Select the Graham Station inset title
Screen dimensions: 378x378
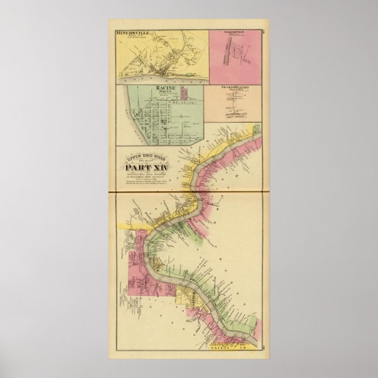pos(237,87)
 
